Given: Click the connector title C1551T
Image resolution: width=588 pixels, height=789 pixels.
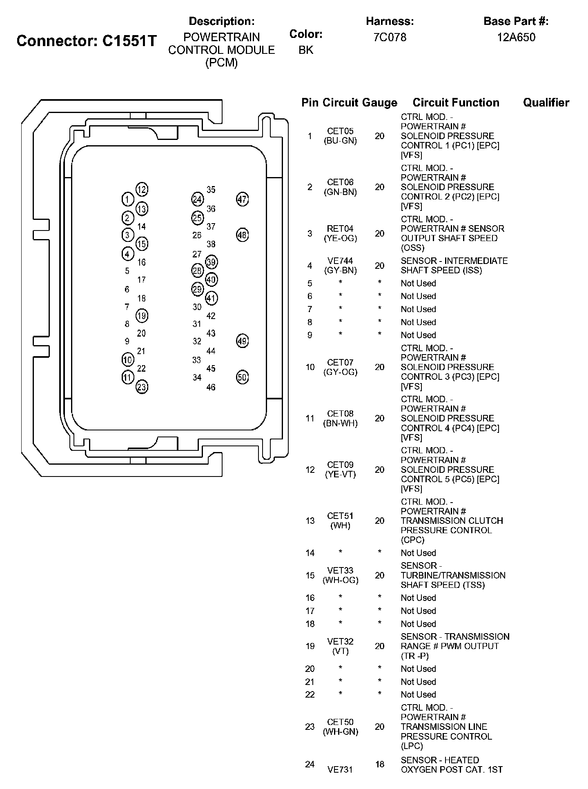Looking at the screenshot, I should (x=87, y=41).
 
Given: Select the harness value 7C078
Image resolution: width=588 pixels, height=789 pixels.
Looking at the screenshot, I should (x=390, y=38).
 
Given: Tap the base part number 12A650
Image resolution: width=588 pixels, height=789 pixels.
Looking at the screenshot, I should (x=516, y=38).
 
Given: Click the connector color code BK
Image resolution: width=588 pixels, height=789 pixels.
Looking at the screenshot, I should (x=306, y=50).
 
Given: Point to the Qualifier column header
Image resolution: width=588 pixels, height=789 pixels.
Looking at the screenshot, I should (x=546, y=102).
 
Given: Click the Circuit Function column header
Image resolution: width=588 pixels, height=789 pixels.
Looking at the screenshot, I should (x=456, y=102).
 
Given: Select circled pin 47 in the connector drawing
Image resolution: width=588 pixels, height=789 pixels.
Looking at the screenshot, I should (x=243, y=199).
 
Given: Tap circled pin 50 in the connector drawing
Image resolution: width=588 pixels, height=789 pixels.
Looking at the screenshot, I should (x=243, y=377).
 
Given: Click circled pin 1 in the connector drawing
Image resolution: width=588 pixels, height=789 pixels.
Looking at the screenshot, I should (x=127, y=199).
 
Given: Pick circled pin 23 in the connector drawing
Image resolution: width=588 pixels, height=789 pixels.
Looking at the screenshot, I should (x=141, y=387).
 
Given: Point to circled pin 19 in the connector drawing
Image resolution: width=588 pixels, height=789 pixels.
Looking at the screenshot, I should (x=141, y=316).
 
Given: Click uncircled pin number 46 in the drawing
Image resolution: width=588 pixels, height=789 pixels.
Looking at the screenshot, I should (x=211, y=387).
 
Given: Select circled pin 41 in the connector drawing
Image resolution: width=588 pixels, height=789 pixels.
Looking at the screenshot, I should (x=211, y=298).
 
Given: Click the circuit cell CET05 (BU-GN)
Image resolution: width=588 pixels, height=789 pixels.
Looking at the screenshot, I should (x=340, y=136).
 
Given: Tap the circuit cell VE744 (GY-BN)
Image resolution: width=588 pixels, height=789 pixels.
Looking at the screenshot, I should (x=340, y=266).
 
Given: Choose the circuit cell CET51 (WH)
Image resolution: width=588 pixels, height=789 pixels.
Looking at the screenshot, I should (x=340, y=521).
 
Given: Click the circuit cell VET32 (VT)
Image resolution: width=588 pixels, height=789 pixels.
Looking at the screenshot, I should (x=340, y=646).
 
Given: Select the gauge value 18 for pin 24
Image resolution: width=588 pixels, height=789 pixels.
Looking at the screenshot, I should (x=380, y=764).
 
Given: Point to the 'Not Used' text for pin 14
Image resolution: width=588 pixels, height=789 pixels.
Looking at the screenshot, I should (x=418, y=553).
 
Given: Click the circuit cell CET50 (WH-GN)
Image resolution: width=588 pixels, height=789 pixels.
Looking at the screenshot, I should (x=340, y=727).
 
